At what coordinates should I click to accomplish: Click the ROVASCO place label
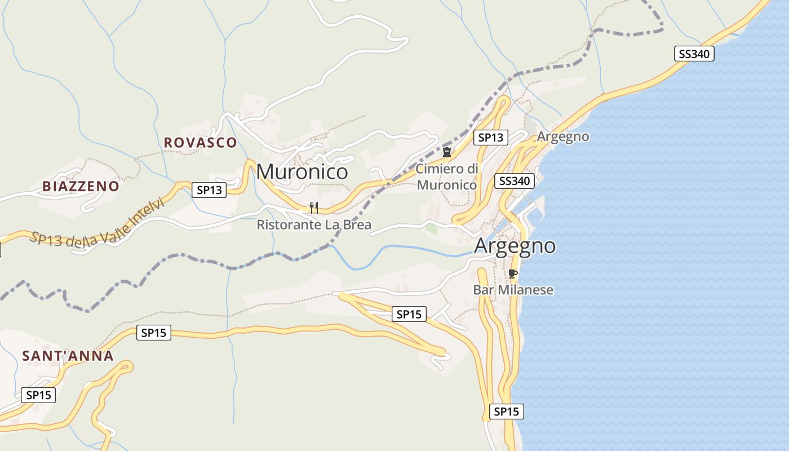tap(200, 143)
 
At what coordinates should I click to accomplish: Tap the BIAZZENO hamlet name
tap(81, 186)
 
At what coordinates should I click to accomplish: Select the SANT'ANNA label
tap(68, 356)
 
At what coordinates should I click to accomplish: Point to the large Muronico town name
tap(302, 171)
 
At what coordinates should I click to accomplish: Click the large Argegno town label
tap(515, 246)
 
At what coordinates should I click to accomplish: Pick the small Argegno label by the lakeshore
tap(562, 136)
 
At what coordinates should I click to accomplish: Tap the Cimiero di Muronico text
tap(447, 176)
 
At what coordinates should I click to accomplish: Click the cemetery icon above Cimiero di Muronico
tap(447, 152)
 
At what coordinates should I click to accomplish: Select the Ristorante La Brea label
tap(314, 225)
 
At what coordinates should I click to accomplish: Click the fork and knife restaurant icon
tap(314, 208)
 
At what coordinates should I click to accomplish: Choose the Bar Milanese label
tap(513, 290)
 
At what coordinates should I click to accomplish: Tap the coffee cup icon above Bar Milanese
tap(512, 274)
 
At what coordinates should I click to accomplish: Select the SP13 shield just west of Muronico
tap(209, 190)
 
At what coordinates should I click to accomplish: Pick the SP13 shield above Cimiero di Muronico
tap(490, 137)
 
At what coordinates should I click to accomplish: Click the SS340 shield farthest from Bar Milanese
tap(694, 54)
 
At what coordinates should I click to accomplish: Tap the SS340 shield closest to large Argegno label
tap(515, 181)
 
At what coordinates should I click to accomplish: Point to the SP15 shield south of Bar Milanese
tap(506, 412)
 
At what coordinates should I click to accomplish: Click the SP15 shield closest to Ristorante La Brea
tap(409, 314)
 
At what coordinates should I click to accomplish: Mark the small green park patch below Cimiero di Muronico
tap(431, 229)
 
